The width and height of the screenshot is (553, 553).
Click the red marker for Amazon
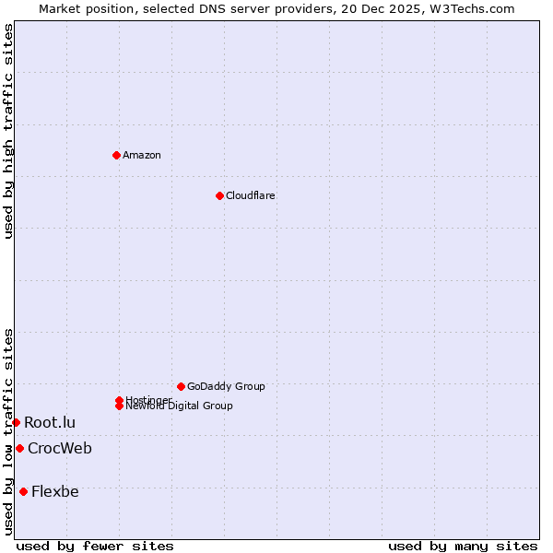[116, 155]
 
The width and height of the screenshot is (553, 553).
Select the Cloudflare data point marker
[219, 195]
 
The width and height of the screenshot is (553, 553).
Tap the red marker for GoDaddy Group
[181, 386]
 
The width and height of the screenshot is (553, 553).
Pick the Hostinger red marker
[119, 400]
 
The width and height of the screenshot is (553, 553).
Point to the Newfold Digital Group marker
[120, 406]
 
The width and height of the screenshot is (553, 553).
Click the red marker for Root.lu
[16, 422]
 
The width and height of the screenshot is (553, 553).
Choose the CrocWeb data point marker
[19, 448]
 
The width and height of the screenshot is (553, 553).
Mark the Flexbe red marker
[23, 491]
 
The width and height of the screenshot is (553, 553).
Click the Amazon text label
[142, 155]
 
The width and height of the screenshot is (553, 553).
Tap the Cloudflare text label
[251, 195]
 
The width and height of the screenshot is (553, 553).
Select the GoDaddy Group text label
[226, 386]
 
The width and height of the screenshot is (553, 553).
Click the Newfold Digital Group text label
[180, 406]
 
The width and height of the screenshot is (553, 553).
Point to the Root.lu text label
[50, 422]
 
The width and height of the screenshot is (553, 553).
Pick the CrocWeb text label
[60, 448]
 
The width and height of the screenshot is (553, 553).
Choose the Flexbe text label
[55, 491]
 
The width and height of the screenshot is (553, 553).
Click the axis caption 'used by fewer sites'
[95, 546]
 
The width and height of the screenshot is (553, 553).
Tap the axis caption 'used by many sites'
[463, 546]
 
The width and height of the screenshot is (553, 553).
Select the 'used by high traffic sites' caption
[8, 132]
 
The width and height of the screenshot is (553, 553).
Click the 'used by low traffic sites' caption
[8, 431]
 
